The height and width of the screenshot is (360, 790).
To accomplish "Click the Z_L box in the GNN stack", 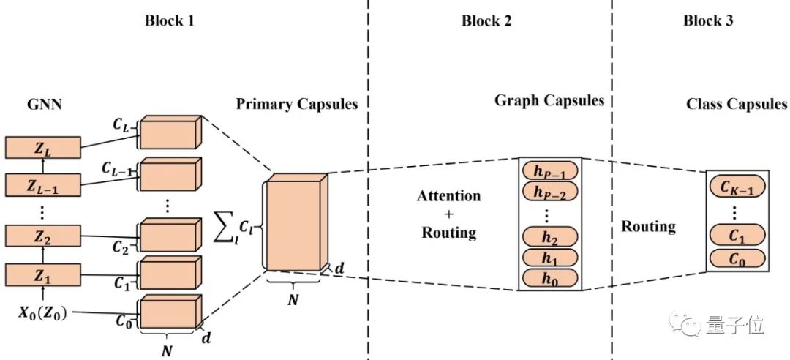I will (41, 148).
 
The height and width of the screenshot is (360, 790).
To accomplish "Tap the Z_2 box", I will (41, 236).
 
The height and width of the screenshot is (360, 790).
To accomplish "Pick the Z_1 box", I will (41, 275).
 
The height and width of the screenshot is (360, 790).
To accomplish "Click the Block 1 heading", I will (169, 20).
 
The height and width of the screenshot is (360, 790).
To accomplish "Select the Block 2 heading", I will (486, 20).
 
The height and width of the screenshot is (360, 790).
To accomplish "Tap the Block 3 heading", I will (708, 20).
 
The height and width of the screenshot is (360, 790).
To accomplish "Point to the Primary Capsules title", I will (296, 104).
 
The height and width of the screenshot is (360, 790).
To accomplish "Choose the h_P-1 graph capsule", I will (549, 173).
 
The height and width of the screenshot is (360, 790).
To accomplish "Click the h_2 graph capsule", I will (549, 238).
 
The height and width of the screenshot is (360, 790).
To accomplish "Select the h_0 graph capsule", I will (549, 278).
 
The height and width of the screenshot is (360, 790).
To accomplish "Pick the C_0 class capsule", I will (736, 258).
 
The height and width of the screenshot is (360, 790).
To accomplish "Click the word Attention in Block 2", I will (449, 196).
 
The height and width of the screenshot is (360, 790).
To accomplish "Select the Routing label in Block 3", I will (648, 226).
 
